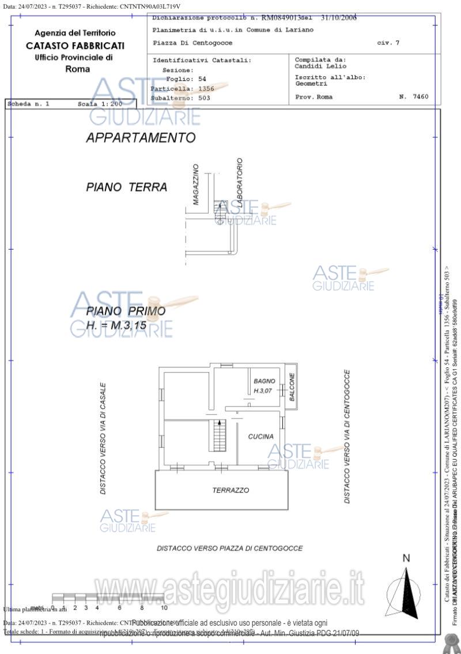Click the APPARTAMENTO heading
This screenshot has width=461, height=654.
pos(141,138)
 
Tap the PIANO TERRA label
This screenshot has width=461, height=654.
pos(127,187)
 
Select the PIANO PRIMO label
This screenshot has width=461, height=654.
pos(126,311)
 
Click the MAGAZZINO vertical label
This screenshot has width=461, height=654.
pos(196,185)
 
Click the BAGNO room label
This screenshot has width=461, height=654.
pos(264,381)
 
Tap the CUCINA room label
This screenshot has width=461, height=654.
pos(260,437)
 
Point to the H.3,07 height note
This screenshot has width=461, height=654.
pos(264,392)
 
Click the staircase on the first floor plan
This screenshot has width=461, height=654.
pos(218,436)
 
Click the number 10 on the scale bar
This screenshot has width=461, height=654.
pos(164,607)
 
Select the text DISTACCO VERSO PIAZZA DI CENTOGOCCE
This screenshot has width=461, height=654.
pos(229,548)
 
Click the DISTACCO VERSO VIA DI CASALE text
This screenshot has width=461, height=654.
pos(103,438)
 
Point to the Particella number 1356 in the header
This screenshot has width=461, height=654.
pos(206,89)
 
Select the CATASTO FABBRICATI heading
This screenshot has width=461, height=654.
pos(75,46)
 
